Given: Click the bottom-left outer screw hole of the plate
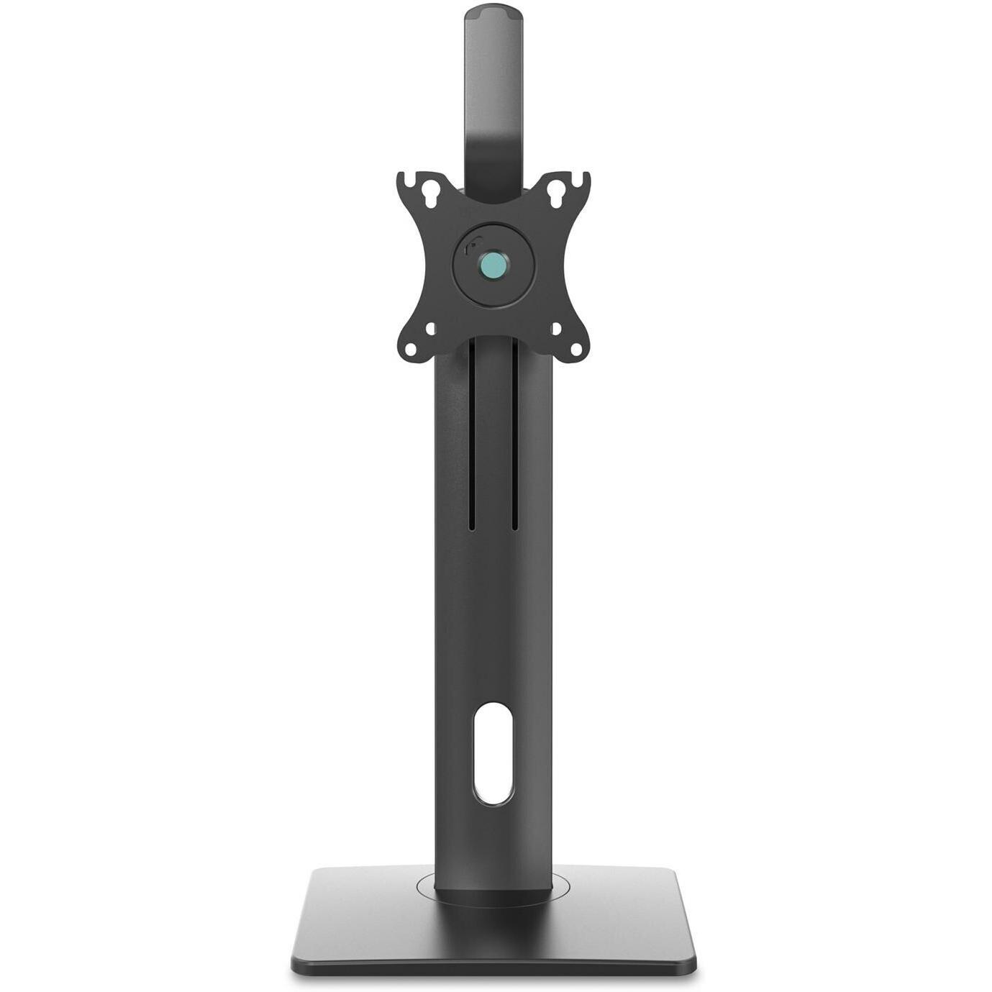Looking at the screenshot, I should (410, 350).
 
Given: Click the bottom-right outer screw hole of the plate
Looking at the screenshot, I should (577, 350).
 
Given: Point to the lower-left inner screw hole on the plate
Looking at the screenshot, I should (430, 328).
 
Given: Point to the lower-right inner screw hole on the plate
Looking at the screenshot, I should (556, 328).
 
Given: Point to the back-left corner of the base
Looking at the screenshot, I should (317, 870).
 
